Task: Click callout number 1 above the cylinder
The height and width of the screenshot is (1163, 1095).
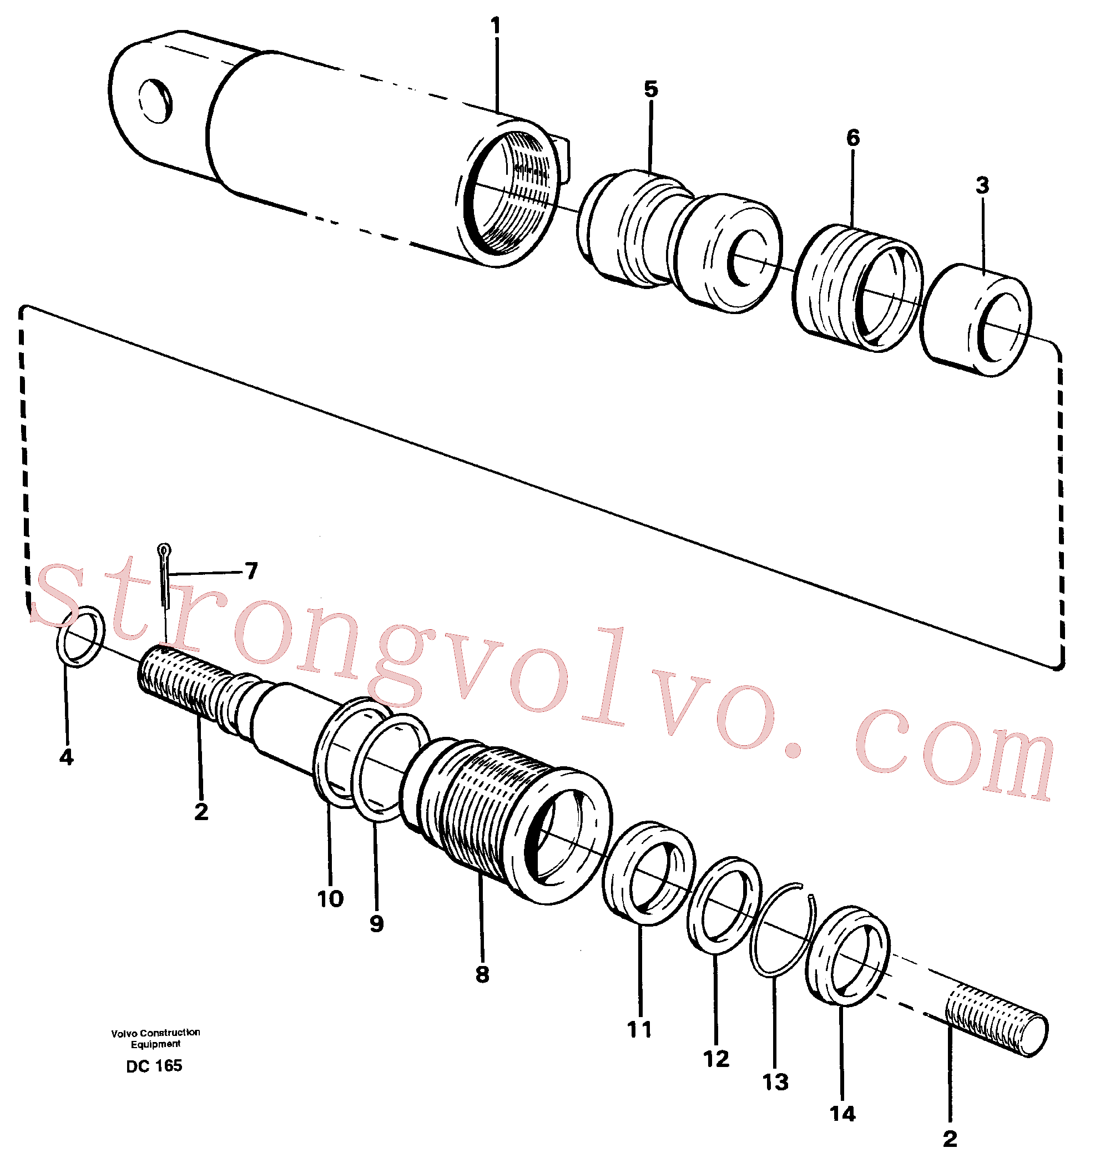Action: [496, 26]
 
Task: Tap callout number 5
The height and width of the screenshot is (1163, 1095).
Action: [651, 89]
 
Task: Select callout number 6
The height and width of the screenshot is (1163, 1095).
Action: [852, 138]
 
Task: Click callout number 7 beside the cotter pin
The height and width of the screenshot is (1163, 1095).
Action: [251, 571]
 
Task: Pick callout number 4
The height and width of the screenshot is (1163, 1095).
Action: [66, 757]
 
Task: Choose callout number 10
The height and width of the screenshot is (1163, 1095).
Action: [330, 899]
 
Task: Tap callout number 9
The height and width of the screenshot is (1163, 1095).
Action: [376, 924]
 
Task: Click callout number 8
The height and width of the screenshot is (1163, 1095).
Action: [482, 975]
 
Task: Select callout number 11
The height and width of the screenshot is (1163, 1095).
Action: [639, 1030]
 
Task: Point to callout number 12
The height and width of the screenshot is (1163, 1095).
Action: [716, 1059]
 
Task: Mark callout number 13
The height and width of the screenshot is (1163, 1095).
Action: [775, 1083]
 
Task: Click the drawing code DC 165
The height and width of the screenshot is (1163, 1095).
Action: [154, 1066]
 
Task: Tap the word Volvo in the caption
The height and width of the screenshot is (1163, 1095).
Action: [125, 1033]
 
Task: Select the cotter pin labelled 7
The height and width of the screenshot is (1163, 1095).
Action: [164, 577]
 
